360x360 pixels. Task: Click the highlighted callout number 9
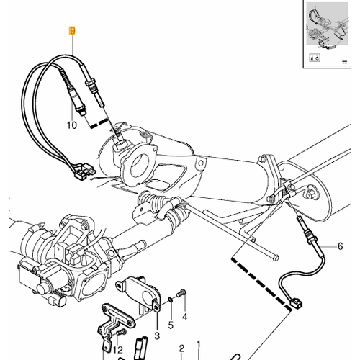pos(72,31)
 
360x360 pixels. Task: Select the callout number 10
pos(72,125)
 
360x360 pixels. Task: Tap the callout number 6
pos(340,246)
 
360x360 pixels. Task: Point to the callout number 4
pos(184,317)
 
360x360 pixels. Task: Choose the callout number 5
pos(171,325)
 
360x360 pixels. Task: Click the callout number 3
pos(157,336)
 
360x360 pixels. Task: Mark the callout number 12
pos(118,350)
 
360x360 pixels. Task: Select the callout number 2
pos(181,348)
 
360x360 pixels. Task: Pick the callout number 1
pos(198,345)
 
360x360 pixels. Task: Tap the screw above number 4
pos(181,293)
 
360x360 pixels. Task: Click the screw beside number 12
pos(122,332)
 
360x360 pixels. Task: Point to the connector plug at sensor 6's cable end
pos(296,304)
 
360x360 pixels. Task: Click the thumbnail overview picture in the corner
pos(327,24)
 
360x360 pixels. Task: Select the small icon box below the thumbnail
pos(315,58)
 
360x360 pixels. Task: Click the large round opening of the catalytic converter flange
pos(142,164)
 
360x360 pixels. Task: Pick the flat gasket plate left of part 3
pos(118,315)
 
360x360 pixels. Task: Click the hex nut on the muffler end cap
pos(311,193)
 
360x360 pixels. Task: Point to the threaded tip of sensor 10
pos(82,112)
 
